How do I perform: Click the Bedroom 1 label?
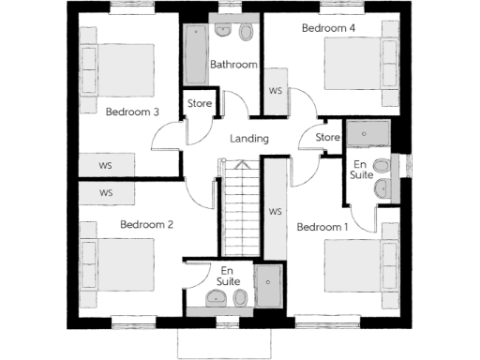(322, 227)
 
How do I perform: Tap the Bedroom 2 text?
(146, 224)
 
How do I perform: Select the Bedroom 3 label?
(132, 112)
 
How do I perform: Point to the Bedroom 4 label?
(328, 28)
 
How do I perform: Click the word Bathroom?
(232, 65)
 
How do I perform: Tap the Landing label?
(249, 139)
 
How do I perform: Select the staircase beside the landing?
(241, 206)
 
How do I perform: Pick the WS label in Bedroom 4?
(276, 91)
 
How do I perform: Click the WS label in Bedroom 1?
(276, 212)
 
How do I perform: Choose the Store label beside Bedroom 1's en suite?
(326, 138)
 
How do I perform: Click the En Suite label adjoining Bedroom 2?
(227, 276)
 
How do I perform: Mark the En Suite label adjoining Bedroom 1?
(360, 169)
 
